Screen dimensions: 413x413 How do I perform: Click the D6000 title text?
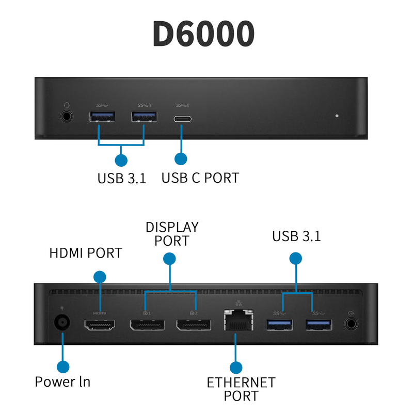point(203,34)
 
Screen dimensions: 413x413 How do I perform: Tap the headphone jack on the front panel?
point(67,116)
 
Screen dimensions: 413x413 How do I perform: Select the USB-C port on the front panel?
point(182,118)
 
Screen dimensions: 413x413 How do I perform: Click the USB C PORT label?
point(200,178)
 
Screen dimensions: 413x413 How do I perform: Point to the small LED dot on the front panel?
point(337,116)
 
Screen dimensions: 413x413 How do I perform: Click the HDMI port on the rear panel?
point(100,325)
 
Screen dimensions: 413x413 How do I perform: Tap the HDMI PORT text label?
point(86,253)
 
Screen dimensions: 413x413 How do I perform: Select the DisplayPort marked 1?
point(146,325)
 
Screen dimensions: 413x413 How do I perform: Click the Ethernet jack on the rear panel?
point(237,323)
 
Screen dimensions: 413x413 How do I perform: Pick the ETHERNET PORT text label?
point(241,389)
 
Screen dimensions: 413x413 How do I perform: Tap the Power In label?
point(62,382)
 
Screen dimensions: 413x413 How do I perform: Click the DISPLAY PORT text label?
point(172,234)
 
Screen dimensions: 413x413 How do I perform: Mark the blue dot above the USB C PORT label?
point(181,158)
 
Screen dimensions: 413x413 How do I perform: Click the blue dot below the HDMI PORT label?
point(100,276)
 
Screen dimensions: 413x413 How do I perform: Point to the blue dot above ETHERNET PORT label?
point(236,368)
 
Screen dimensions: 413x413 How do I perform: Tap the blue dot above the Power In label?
point(63,367)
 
